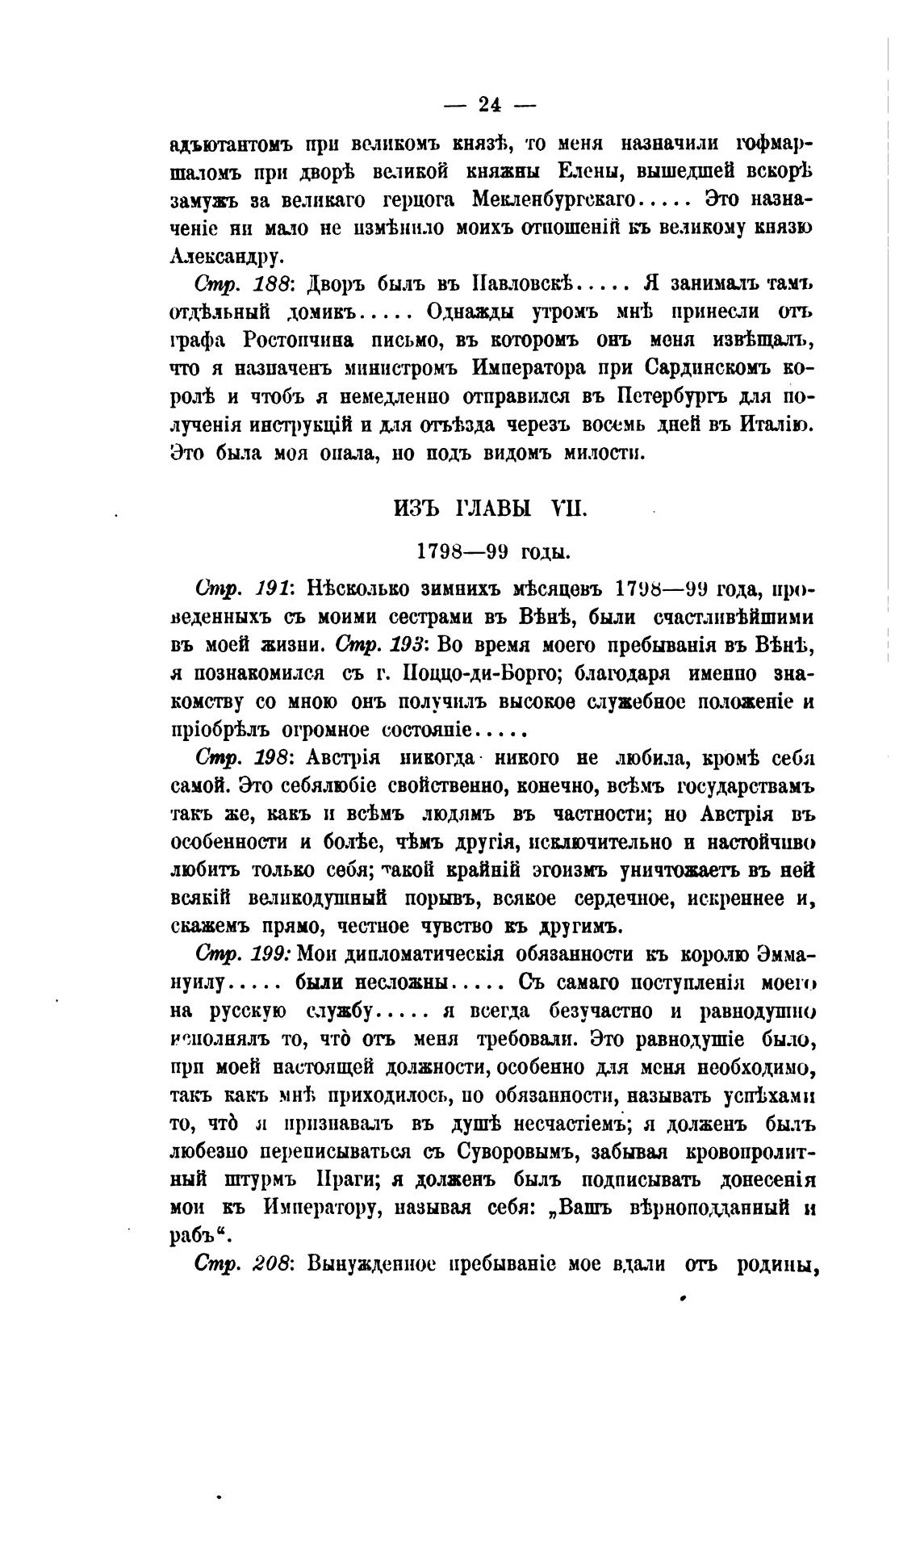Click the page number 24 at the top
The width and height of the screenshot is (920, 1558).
(491, 104)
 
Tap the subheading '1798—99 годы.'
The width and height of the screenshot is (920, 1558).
(491, 553)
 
